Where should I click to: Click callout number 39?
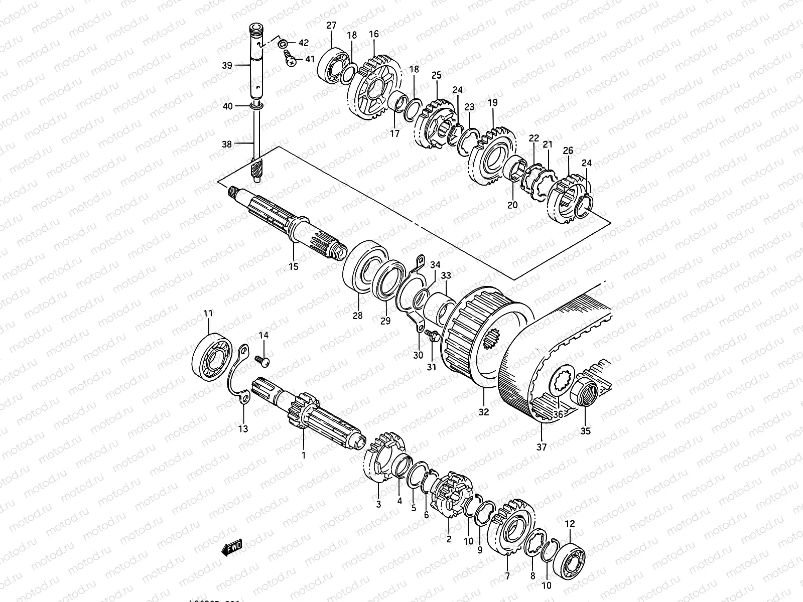point(227,65)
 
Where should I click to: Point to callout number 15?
point(293,266)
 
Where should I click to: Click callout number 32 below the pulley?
point(483,412)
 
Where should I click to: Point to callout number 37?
point(542,446)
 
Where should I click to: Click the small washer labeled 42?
point(284,43)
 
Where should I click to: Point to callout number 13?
point(243,429)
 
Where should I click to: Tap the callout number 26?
point(568,150)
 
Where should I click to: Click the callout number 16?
point(374,34)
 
